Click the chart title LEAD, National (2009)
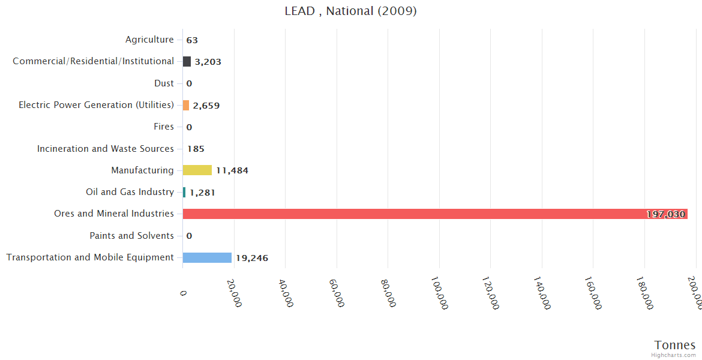point(350,11)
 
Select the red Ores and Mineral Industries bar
point(435,214)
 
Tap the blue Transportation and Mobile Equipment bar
point(207,257)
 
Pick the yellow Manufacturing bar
point(197,170)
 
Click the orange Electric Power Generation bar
point(186,105)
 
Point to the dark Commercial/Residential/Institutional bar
point(187,61)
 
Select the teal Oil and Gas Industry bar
point(184,192)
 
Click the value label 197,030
point(665,214)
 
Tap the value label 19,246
point(251,258)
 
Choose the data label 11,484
point(232,170)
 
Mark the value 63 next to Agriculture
point(192,40)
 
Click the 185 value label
point(196,149)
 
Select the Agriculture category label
point(149,40)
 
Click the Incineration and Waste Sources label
point(106,148)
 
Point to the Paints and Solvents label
point(131,235)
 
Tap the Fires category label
point(164,127)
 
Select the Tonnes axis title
point(675,345)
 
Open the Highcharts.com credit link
point(674,355)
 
